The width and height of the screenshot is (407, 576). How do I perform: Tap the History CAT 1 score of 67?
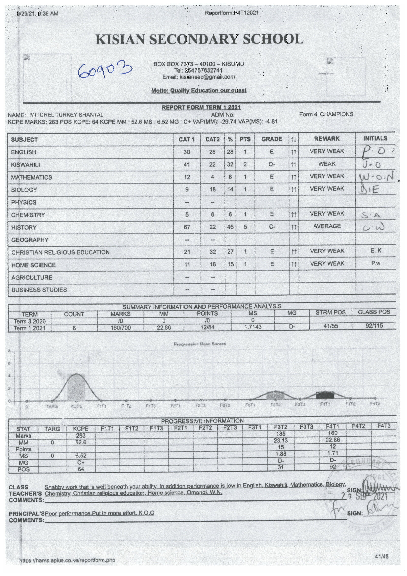coord(187,227)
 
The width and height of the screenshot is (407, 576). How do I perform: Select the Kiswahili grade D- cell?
coord(272,165)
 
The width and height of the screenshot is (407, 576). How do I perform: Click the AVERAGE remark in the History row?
coord(327,226)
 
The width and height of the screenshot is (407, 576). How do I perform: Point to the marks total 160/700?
coord(121,328)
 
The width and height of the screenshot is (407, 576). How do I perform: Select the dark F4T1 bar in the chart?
coord(325,395)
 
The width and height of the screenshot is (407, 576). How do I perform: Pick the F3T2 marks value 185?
coord(281,434)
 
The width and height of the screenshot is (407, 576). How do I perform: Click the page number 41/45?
coord(382,556)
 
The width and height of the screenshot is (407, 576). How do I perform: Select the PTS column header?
coord(245,139)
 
